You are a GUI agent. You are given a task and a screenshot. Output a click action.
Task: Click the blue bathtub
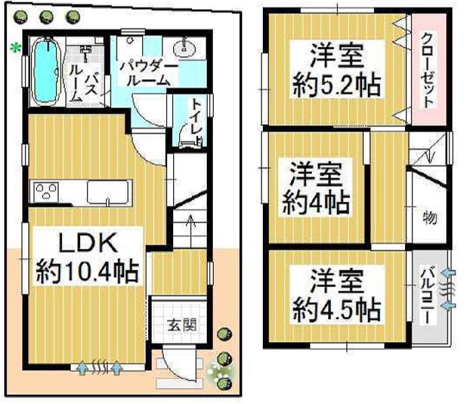pyautogui.click(x=46, y=71)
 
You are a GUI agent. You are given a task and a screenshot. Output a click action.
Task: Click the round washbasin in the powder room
pyautogui.click(x=183, y=49)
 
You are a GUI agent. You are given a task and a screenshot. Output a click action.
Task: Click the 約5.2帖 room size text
pyautogui.click(x=336, y=86)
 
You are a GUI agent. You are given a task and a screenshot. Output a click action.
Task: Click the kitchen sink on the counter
pyautogui.click(x=107, y=193)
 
